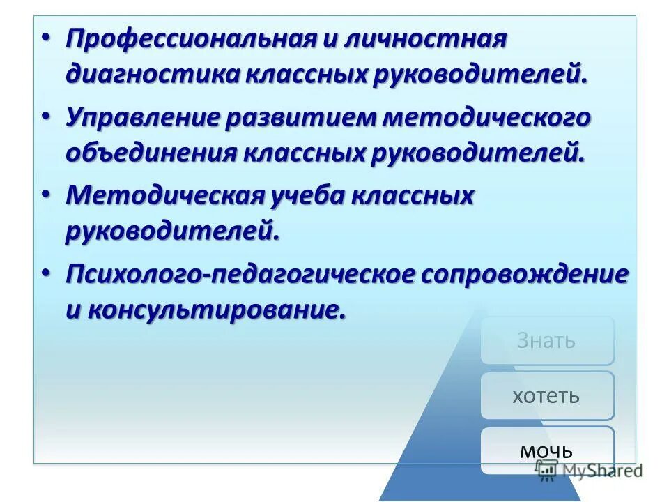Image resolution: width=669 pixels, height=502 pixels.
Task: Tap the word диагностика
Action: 151,74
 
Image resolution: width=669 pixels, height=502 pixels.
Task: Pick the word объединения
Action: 151,153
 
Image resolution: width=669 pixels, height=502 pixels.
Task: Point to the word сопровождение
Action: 524,275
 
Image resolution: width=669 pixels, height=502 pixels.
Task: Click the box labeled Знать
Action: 547,340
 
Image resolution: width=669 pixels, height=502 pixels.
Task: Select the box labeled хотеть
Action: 547,396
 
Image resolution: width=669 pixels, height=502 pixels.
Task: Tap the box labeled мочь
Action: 547,450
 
